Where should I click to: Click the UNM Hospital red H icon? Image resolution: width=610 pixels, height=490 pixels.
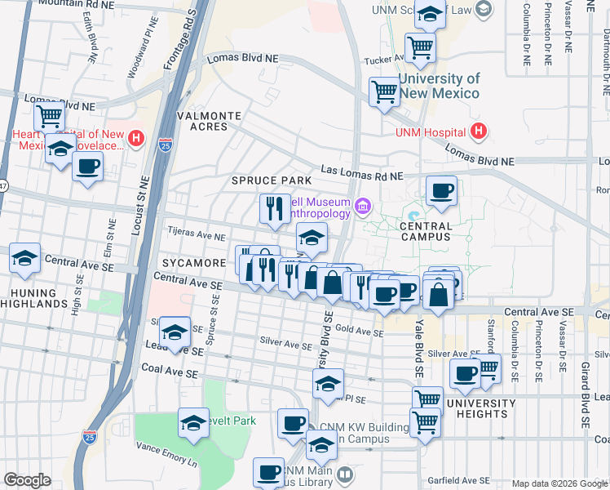click(x=479, y=131)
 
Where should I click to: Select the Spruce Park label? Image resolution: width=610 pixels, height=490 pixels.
click(x=272, y=180)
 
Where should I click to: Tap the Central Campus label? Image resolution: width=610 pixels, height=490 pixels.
click(x=426, y=231)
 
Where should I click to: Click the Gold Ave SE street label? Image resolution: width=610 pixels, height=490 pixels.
click(x=359, y=332)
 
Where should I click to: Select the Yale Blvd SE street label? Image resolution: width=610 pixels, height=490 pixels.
click(x=417, y=344)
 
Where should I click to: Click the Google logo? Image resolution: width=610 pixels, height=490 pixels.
click(x=27, y=480)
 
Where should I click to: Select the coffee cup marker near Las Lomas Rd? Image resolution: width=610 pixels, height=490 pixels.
click(x=441, y=192)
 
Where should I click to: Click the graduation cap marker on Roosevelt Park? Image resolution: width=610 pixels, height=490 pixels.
click(x=193, y=423)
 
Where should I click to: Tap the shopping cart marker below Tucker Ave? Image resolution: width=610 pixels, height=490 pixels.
click(x=384, y=91)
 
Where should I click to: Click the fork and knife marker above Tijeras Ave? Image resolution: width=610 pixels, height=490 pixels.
click(x=275, y=208)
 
